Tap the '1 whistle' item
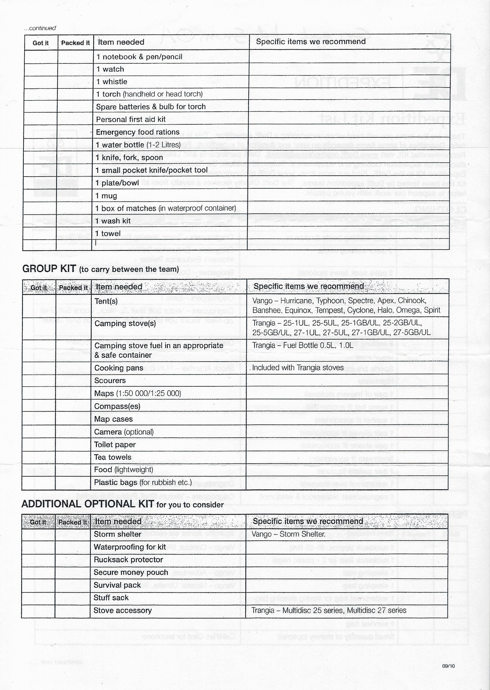pos(112,82)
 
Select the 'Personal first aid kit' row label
pos(131,120)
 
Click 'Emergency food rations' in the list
pos(138,132)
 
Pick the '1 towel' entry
pos(108,234)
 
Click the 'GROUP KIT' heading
pos(49,269)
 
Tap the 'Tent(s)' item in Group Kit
pos(106,301)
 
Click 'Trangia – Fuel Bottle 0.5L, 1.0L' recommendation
pos(303,345)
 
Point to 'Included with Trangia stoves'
pos(298,368)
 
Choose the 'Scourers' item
pos(110,381)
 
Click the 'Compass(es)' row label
pos(117,406)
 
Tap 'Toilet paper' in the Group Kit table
pos(115,445)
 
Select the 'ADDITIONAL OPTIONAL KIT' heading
pos(87,504)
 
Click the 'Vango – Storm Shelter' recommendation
pos(288,534)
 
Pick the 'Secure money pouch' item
pos(131,572)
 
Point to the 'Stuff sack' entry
pos(111,598)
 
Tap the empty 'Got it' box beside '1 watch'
pos(41,69)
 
